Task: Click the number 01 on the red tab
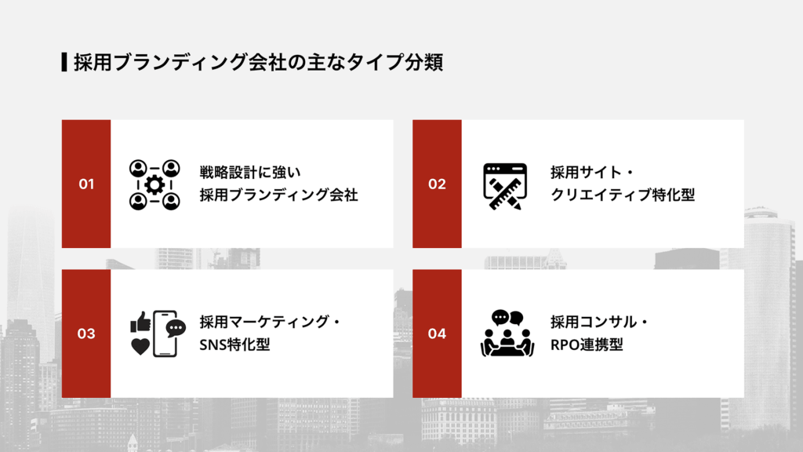coord(86,184)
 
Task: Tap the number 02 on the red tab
coord(437,184)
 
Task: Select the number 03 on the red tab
coord(86,334)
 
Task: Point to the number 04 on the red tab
coord(437,334)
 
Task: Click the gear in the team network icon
coord(154,185)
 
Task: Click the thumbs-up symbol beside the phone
coord(140,321)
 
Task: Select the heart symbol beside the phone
coord(140,346)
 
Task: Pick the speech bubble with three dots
coord(176,328)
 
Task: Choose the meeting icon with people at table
coord(506,334)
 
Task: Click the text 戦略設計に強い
coord(251,171)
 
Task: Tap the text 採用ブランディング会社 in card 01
coord(278,195)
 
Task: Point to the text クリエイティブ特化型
coord(623,195)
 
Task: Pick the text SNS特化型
coord(234,344)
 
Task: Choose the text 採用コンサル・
coord(600,321)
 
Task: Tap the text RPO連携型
coord(587,344)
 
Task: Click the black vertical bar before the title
coord(64,63)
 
